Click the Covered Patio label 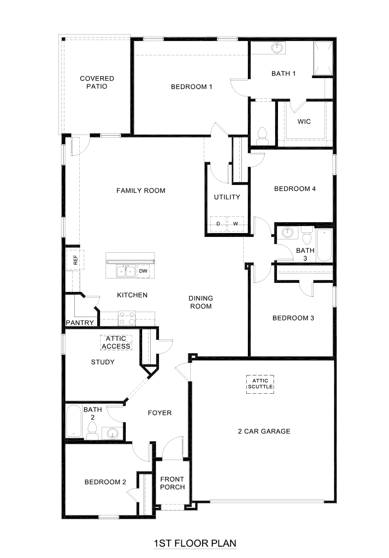click(x=97, y=82)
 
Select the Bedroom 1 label click(x=191, y=87)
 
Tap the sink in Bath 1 click(x=277, y=48)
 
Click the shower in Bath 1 click(x=323, y=58)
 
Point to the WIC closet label click(x=304, y=121)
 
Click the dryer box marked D click(x=218, y=224)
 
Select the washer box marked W click(x=235, y=224)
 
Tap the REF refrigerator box click(x=75, y=260)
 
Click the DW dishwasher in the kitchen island click(x=143, y=271)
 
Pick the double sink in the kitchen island click(x=125, y=271)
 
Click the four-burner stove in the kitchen click(x=127, y=318)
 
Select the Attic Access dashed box click(x=116, y=342)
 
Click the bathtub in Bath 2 click(x=73, y=421)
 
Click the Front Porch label click(x=172, y=483)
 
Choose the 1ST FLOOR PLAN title click(x=195, y=543)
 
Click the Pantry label click(x=80, y=323)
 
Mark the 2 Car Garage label click(x=264, y=431)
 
